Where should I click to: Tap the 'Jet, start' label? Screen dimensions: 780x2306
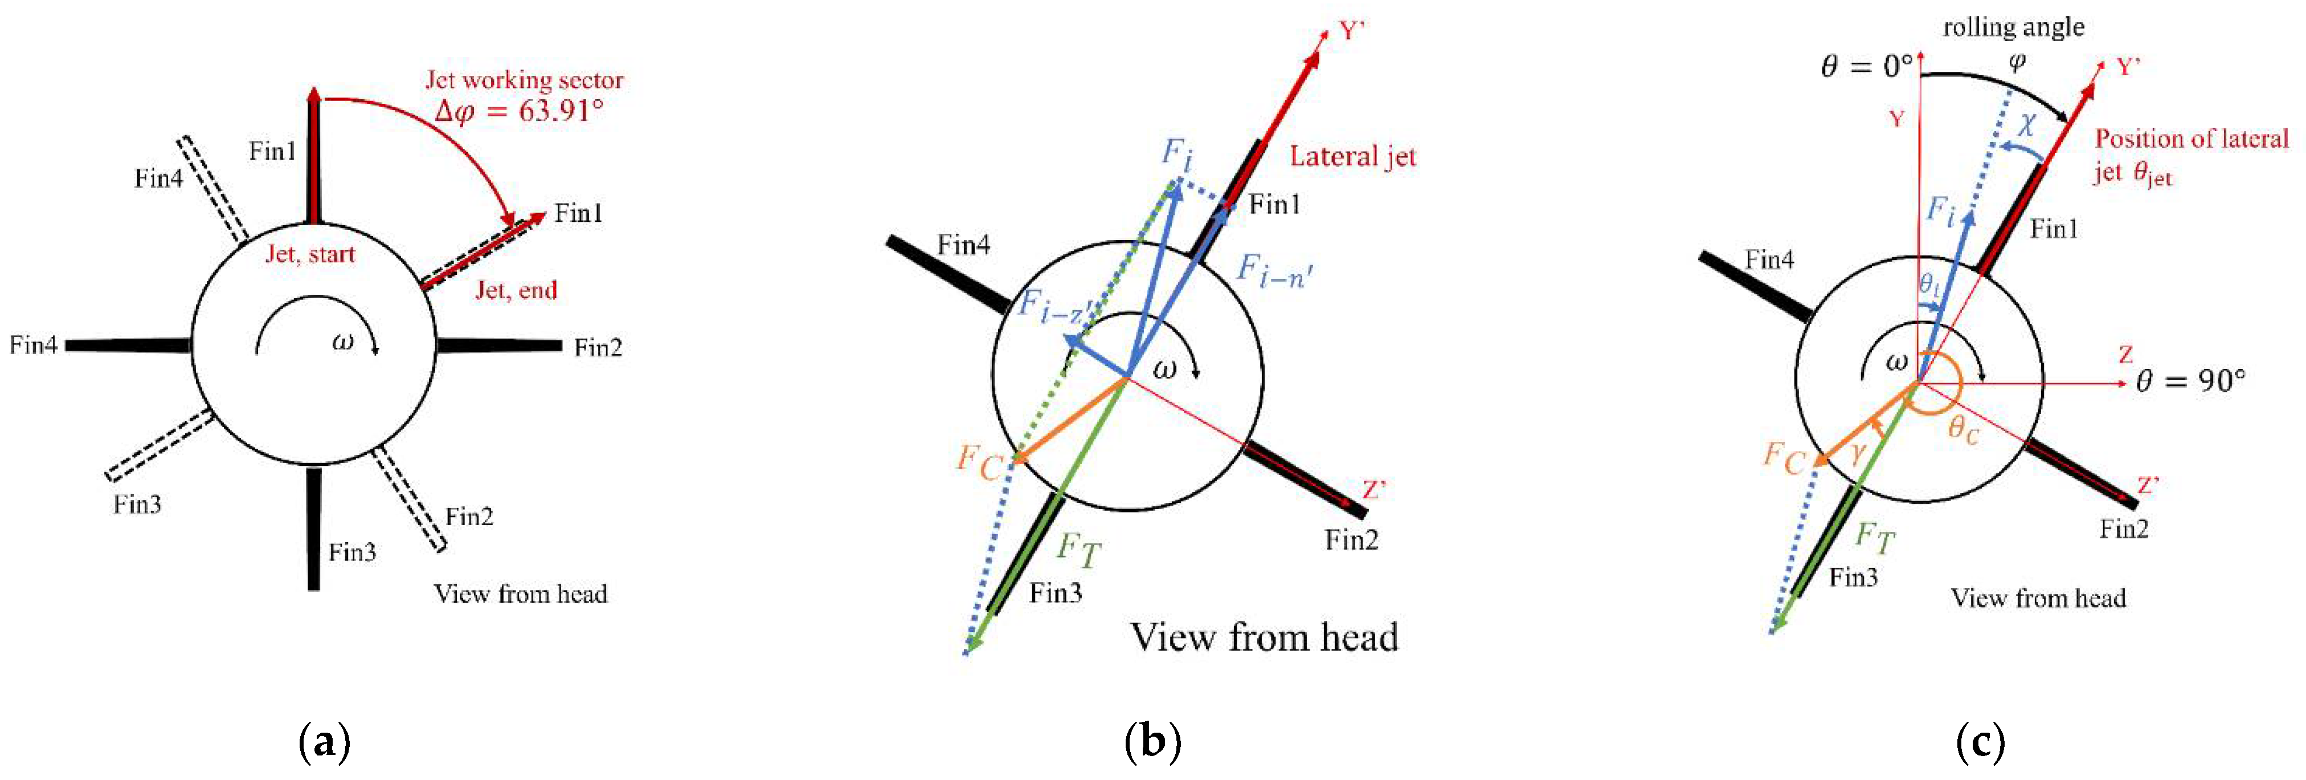tap(310, 254)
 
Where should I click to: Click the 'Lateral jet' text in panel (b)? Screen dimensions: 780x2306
tap(1352, 157)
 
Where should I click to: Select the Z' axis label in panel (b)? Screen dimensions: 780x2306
tap(1374, 490)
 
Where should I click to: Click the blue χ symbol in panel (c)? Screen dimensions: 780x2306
tap(2026, 124)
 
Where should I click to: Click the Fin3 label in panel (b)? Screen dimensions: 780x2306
tap(1056, 593)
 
